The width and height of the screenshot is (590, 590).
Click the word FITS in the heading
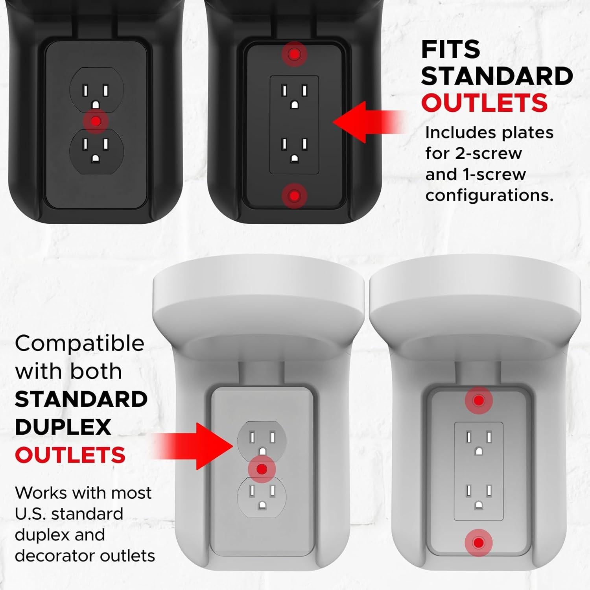(x=450, y=50)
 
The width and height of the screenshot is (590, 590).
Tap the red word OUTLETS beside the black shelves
(x=484, y=103)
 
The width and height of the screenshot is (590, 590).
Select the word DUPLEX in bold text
(x=63, y=427)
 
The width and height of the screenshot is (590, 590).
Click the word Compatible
(x=79, y=344)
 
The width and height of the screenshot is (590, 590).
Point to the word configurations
(x=489, y=195)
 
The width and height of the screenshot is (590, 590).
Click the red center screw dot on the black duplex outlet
(x=96, y=121)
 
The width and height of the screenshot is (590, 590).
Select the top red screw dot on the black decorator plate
(x=294, y=53)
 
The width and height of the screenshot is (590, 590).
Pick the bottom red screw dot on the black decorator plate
(x=294, y=195)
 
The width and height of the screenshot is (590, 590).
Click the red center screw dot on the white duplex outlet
(x=261, y=469)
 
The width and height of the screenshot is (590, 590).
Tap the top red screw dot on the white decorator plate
(x=478, y=400)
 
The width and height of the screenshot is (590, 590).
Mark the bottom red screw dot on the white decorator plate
(x=478, y=543)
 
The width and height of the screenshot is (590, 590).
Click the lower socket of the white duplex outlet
(x=262, y=496)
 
